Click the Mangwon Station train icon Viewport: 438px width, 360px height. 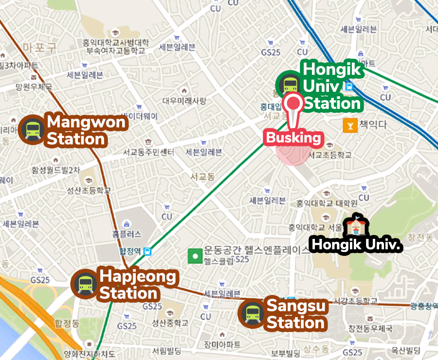click(33, 129)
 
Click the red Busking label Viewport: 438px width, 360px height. click(293, 138)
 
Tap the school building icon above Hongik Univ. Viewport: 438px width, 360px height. click(355, 226)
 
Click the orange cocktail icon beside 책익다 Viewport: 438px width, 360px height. click(349, 126)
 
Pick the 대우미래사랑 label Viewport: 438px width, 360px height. click(184, 101)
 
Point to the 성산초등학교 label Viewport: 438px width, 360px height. click(91, 190)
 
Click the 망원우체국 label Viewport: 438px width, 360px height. click(34, 87)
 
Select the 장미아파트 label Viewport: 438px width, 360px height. click(222, 344)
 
